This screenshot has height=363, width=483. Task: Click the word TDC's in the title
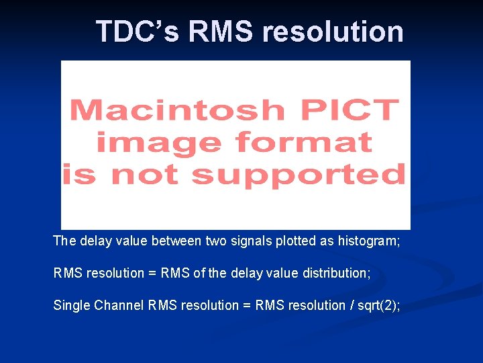click(138, 32)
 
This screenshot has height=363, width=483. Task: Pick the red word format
click(303, 142)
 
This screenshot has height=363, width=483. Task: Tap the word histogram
click(366, 241)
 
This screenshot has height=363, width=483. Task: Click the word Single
click(72, 305)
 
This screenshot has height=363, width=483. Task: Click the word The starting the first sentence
click(64, 241)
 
